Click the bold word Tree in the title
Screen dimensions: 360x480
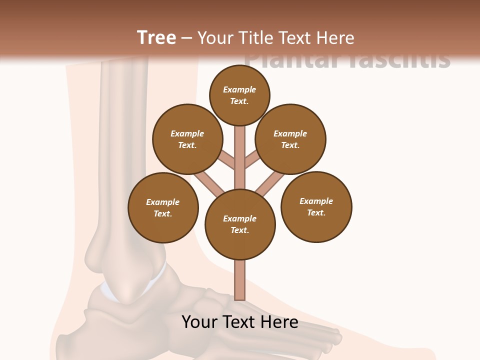pyautogui.click(x=156, y=38)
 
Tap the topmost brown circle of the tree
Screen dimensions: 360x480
pyautogui.click(x=239, y=95)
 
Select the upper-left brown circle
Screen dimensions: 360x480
pyautogui.click(x=187, y=139)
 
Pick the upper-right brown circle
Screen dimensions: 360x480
pyautogui.click(x=290, y=139)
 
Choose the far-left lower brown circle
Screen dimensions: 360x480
pyautogui.click(x=163, y=207)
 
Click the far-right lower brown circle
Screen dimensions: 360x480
pyautogui.click(x=316, y=206)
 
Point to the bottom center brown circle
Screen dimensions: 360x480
pyautogui.click(x=240, y=224)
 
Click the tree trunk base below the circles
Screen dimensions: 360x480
pyautogui.click(x=240, y=280)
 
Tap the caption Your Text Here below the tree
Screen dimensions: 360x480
pyautogui.click(x=240, y=322)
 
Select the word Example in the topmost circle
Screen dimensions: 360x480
pyautogui.click(x=239, y=89)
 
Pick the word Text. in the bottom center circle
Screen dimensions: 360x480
pyautogui.click(x=239, y=230)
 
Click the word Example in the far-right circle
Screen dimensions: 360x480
pyautogui.click(x=316, y=201)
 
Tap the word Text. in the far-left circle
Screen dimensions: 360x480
pyautogui.click(x=163, y=213)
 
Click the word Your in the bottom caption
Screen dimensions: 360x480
pyautogui.click(x=199, y=322)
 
